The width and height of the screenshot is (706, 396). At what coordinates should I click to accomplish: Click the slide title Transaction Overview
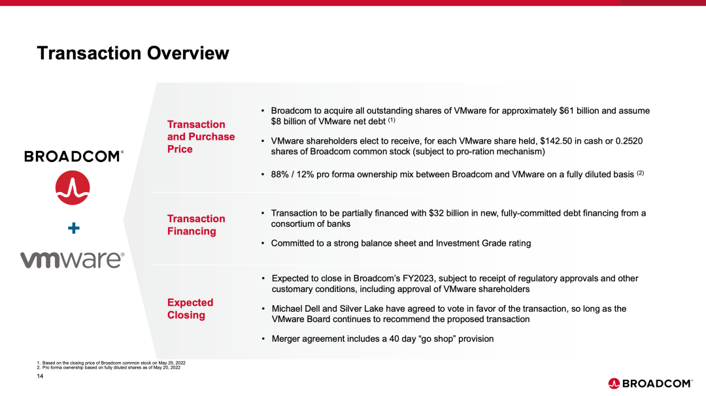[133, 53]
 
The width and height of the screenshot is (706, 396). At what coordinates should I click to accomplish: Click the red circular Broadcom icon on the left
[72, 188]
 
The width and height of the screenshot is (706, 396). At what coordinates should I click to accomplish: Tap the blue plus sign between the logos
[74, 228]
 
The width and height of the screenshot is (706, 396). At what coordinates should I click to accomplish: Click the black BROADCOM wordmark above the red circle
[73, 156]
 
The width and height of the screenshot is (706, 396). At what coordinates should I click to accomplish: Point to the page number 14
[40, 376]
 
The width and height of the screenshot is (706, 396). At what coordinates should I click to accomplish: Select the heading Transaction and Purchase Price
[201, 137]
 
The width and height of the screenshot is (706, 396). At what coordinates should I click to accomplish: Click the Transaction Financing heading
[196, 225]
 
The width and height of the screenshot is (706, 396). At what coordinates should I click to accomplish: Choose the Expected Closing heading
[190, 308]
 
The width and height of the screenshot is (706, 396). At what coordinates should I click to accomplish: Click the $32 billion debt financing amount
[452, 213]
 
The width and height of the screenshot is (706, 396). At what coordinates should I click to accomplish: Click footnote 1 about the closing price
[111, 362]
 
